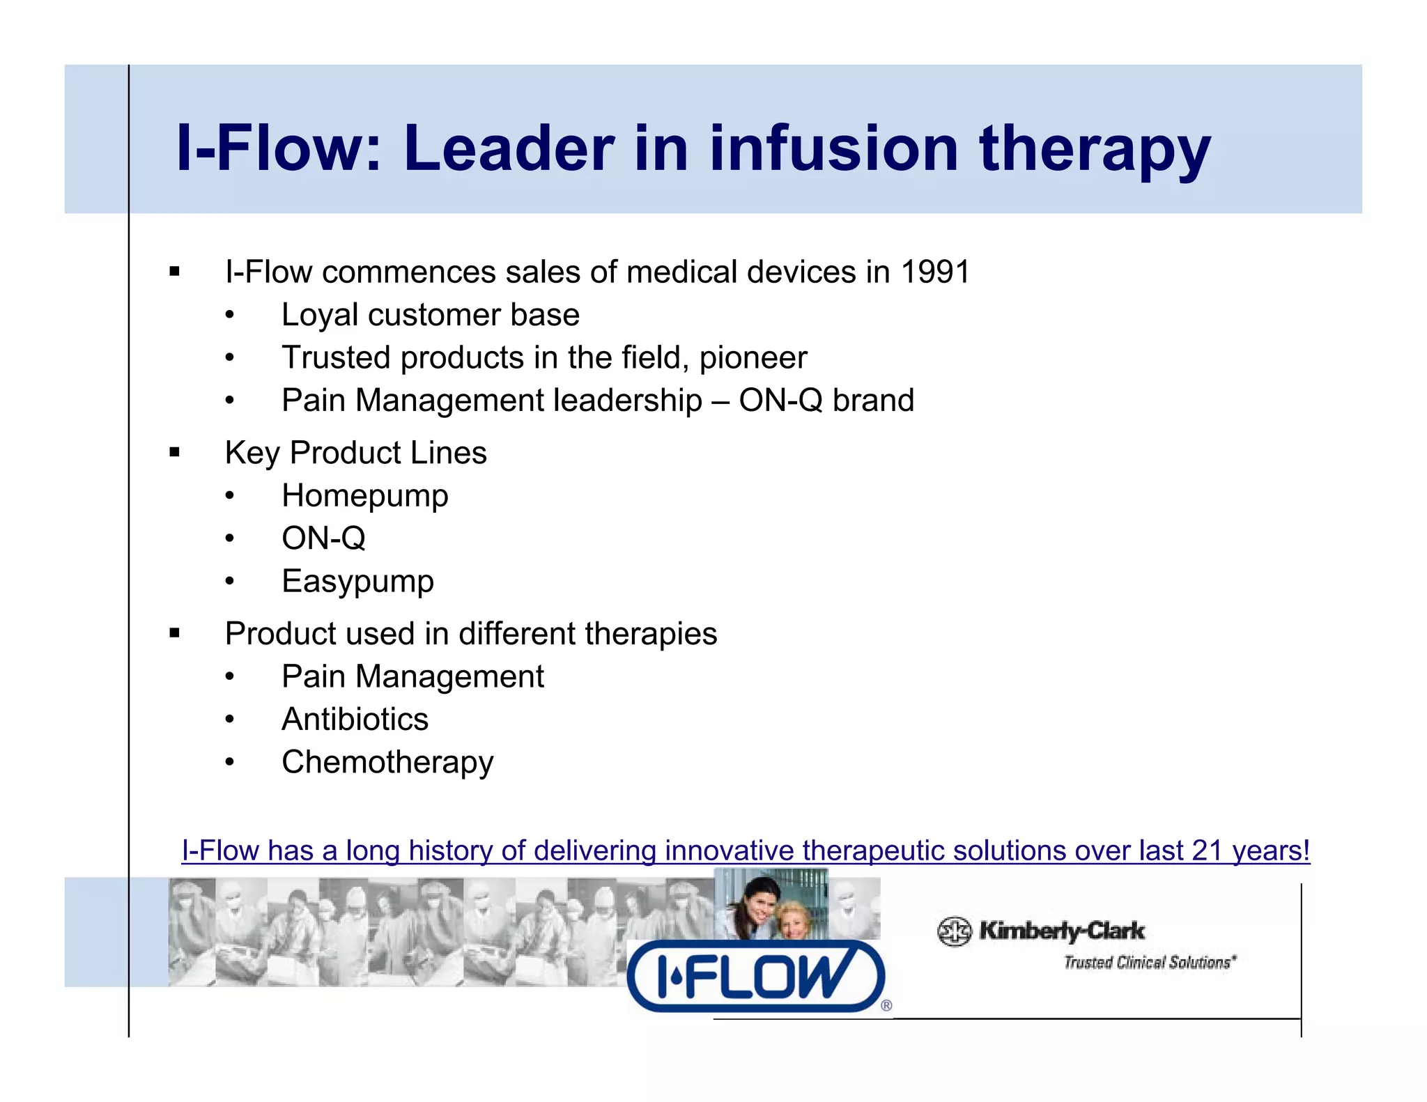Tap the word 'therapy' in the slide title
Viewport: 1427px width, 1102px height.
[1095, 150]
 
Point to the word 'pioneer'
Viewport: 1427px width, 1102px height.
[753, 358]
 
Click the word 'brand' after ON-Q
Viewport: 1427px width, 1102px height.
[873, 401]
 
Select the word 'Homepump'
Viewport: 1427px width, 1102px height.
[364, 497]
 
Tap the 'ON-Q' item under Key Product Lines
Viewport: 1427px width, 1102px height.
[323, 538]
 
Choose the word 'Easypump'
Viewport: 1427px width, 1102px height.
[357, 582]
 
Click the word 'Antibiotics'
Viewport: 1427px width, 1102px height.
[355, 720]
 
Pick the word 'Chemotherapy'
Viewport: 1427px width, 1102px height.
[387, 763]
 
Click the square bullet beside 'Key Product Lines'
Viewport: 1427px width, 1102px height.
[174, 453]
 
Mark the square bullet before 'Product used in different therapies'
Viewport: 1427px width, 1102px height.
[174, 634]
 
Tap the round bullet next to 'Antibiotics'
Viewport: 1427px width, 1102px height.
[230, 720]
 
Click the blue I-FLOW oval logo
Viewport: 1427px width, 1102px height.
[756, 976]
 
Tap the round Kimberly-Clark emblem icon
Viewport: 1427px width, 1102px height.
[954, 931]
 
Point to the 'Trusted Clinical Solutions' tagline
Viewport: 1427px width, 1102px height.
[1149, 963]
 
